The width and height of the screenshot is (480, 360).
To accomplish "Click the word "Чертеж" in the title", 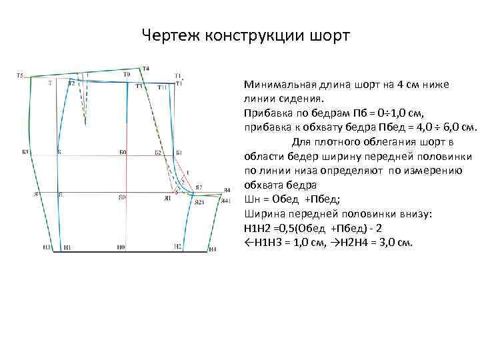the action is tap(169, 33).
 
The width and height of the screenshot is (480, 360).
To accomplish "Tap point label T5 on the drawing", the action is tap(20, 75).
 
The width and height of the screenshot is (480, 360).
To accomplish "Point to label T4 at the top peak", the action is tap(146, 69).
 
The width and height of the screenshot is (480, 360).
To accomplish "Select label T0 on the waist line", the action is tap(127, 74).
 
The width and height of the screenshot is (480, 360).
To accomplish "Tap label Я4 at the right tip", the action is tap(227, 190).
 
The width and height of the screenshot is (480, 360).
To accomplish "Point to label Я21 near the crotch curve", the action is tap(199, 202).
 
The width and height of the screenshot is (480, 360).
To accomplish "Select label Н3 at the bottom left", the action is tap(46, 247).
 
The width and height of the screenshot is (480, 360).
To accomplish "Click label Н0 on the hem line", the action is tap(121, 247).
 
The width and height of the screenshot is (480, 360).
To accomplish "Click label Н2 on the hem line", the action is tap(177, 247).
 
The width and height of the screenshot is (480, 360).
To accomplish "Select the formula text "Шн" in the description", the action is tap(253, 199).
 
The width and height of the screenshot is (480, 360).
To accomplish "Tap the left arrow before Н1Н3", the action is tap(249, 241).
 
